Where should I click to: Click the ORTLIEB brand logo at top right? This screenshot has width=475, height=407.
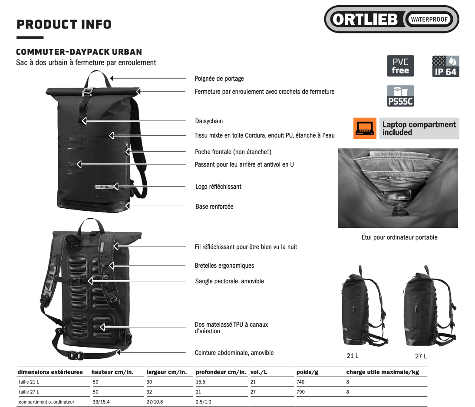pos(391,19)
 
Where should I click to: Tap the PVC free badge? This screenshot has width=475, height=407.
pos(400,66)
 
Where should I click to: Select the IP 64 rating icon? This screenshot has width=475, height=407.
pos(445,66)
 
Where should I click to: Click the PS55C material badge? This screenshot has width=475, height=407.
pos(400,96)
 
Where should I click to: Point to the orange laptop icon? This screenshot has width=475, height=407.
pos(365,128)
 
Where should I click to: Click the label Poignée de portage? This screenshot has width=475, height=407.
pos(219,79)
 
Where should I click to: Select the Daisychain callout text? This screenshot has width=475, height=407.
pos(209,121)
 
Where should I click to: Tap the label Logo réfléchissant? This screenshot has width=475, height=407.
pos(218,187)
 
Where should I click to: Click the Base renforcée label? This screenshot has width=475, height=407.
pos(214,207)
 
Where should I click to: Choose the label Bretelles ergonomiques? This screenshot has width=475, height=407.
pos(224,266)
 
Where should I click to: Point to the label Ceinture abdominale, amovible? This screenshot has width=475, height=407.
pos(234,353)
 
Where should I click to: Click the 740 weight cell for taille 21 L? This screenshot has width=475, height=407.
pos(300,382)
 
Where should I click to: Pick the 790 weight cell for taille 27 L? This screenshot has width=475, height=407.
pos(300,392)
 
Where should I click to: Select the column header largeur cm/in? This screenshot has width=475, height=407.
pos(167,372)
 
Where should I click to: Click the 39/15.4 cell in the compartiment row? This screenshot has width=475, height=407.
pos(101,402)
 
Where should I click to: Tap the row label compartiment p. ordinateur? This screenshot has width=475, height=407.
pos(46,402)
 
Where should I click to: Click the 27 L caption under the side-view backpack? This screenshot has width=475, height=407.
pos(421,356)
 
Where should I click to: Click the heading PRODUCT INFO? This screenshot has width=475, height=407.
pos(64,24)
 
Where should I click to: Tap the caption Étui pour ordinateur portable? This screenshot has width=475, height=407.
pos(399,237)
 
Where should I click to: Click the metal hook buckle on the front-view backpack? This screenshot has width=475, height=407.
pos(87,92)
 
